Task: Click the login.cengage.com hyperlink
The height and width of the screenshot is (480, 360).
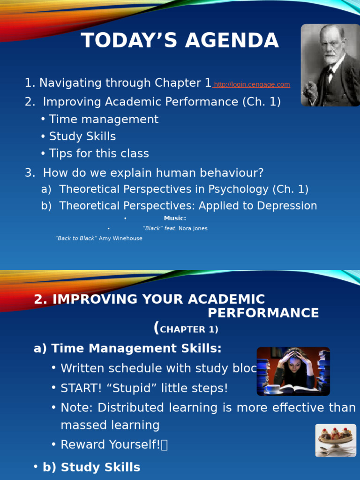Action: click(252, 84)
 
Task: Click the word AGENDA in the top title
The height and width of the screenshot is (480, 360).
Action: click(232, 41)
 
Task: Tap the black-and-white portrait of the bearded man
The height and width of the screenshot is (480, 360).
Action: click(330, 65)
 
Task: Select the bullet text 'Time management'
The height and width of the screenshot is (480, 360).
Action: click(104, 120)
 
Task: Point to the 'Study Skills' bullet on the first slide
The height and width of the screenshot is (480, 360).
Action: click(82, 136)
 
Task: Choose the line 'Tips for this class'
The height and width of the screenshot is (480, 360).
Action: click(99, 153)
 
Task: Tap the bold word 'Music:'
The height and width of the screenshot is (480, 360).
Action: click(175, 218)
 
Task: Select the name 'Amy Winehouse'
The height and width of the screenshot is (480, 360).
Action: click(120, 238)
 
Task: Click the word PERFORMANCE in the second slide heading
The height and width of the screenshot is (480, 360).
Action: click(263, 313)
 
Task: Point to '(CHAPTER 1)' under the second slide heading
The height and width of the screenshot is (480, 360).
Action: click(186, 329)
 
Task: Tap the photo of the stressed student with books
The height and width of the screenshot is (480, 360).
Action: click(293, 371)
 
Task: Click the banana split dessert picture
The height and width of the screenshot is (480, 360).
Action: click(335, 440)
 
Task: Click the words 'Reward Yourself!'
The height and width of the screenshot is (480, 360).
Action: click(111, 444)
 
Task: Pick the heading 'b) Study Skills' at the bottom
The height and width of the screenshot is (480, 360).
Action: click(91, 467)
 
